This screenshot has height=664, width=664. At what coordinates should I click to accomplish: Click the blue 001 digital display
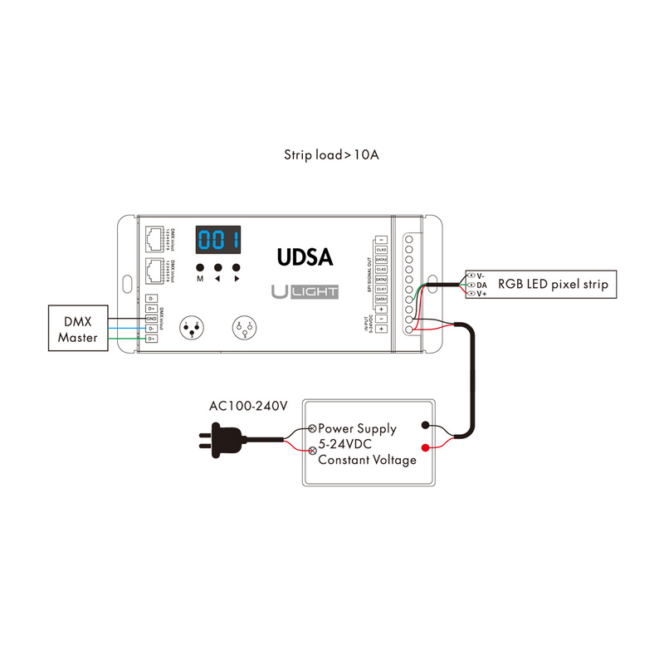(218, 241)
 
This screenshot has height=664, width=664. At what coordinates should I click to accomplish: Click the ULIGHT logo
(303, 291)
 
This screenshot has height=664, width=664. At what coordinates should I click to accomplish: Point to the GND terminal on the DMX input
(152, 319)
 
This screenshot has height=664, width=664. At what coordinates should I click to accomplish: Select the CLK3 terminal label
(382, 248)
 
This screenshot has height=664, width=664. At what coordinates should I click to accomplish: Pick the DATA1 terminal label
(382, 299)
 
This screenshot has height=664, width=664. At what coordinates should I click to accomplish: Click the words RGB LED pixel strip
(553, 285)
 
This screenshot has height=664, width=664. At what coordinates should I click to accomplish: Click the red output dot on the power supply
(427, 449)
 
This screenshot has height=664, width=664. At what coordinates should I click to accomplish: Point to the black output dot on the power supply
(427, 425)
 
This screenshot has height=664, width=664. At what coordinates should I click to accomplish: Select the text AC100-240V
(248, 407)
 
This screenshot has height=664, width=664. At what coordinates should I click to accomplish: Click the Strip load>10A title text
(331, 154)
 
